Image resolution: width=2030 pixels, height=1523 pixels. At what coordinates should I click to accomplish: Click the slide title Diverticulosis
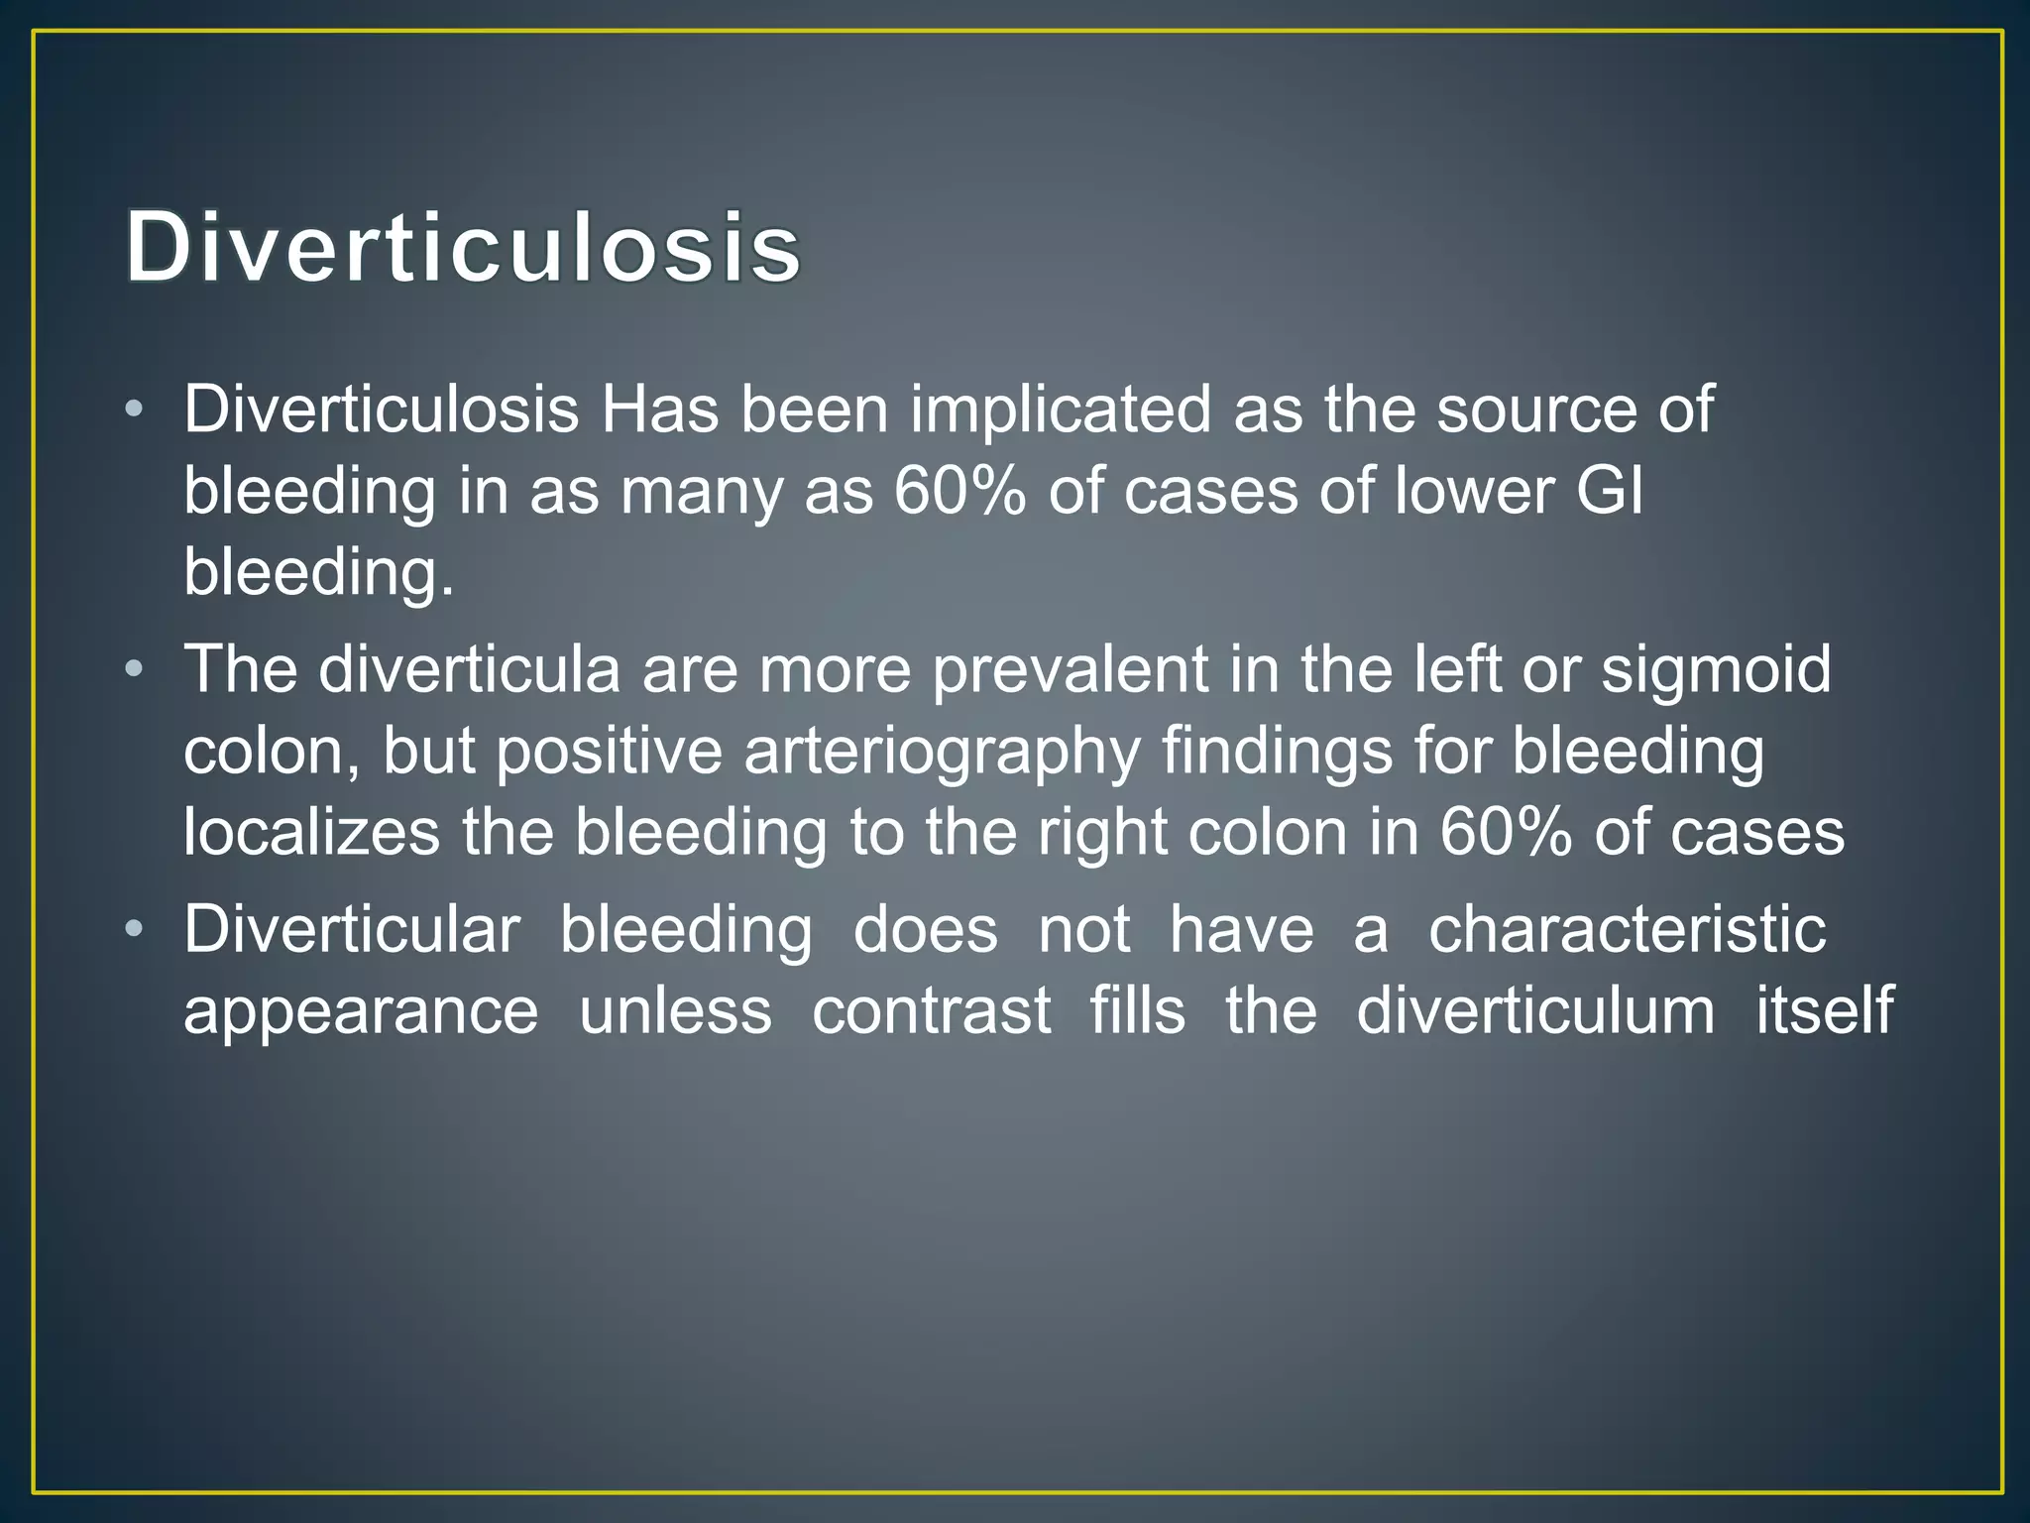point(463,247)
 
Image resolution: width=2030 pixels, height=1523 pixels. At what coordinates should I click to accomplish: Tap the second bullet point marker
point(136,670)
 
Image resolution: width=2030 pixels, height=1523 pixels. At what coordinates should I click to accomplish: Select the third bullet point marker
point(136,930)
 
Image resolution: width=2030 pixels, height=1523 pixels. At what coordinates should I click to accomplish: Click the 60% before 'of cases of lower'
point(959,491)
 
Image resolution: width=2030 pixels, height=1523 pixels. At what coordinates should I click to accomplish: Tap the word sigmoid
point(1716,670)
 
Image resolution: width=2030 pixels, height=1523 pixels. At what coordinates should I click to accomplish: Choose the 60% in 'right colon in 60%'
point(1505,832)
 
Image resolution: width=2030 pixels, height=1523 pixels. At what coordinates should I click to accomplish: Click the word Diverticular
point(352,930)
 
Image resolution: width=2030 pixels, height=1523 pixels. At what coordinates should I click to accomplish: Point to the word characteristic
point(1627,930)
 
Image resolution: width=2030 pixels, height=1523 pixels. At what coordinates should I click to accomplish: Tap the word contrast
point(931,1011)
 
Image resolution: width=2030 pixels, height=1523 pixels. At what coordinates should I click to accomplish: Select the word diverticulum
point(1535,1011)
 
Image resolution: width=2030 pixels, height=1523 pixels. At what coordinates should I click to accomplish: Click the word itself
point(1824,1011)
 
